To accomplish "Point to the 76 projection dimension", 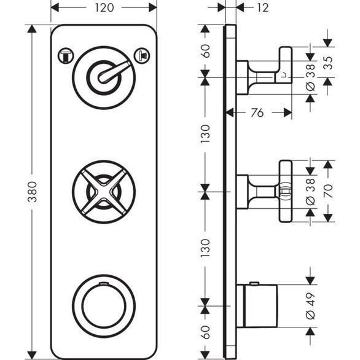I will [259, 112].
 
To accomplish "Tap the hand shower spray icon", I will [143, 54].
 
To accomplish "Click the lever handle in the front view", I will [117, 72].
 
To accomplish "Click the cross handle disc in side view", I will [285, 191].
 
